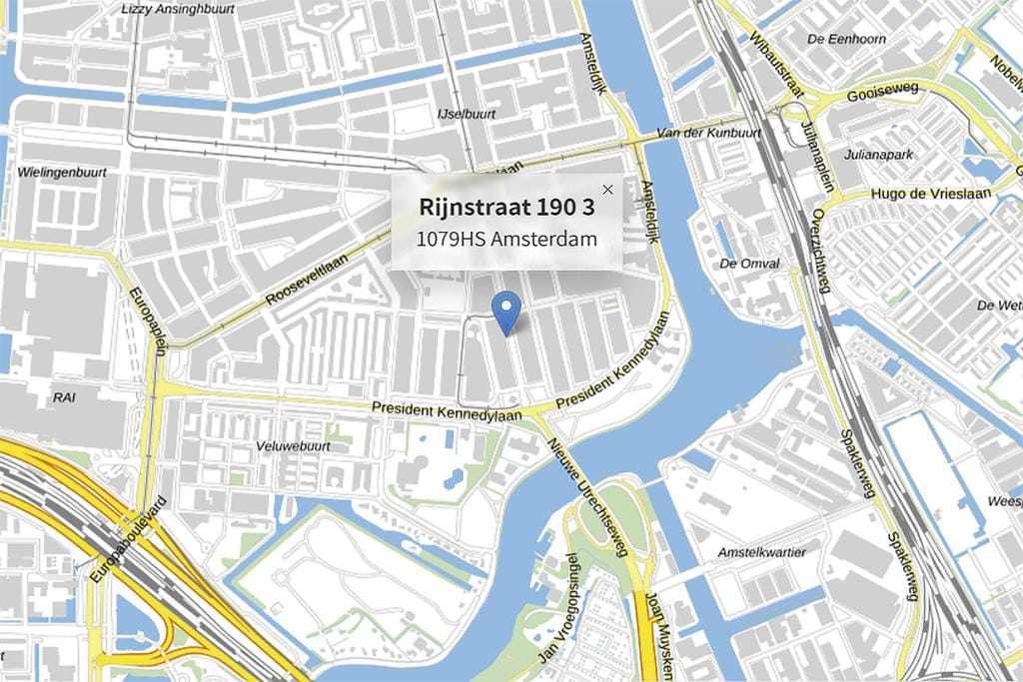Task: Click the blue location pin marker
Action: [508, 311]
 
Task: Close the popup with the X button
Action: [607, 190]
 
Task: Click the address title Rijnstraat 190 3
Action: [507, 208]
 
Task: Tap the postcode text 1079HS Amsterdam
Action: [507, 240]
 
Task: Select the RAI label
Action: [63, 396]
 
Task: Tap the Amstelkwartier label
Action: [761, 552]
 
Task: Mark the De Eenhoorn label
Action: [845, 39]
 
